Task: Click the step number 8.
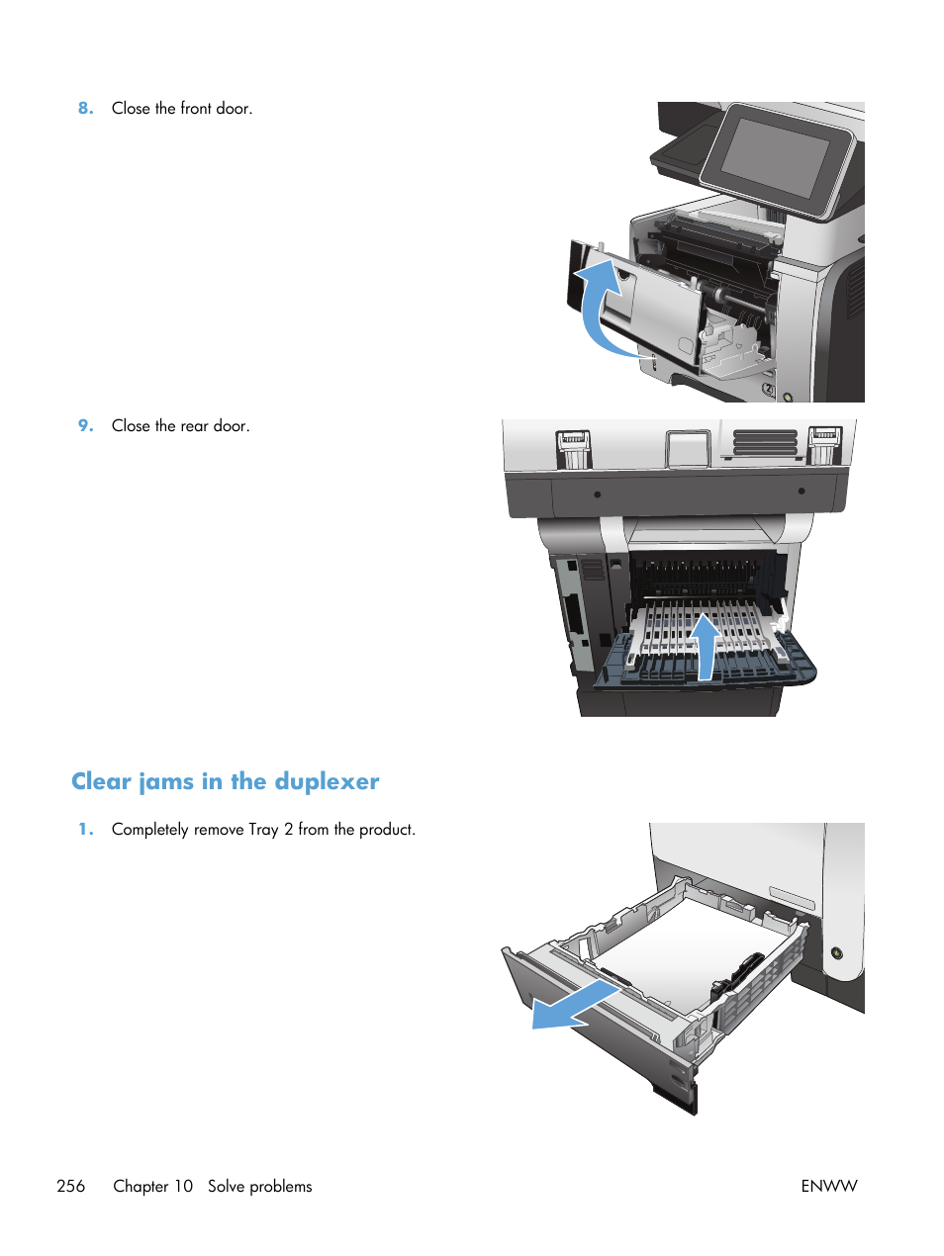pos(85,109)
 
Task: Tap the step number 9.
pos(85,426)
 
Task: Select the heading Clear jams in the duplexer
pos(225,781)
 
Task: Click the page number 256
pos(71,1186)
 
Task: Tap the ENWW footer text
pos(828,1186)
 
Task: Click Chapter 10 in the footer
pos(152,1186)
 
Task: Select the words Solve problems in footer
pos(259,1186)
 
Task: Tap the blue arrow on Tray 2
pos(574,1007)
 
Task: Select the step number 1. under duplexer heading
pos(85,830)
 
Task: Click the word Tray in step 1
pos(263,830)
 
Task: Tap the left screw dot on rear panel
pos(597,494)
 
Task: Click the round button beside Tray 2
pos(837,953)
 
